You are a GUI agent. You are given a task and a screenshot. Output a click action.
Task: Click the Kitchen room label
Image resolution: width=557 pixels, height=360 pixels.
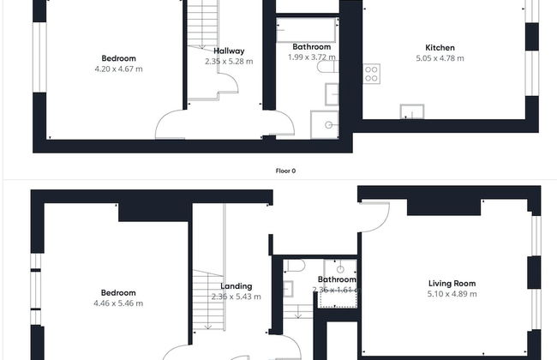coord(440,48)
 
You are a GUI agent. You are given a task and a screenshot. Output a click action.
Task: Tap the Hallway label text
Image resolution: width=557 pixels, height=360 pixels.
coord(229,51)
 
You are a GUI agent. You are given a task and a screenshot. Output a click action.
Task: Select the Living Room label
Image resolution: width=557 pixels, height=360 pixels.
coord(452,284)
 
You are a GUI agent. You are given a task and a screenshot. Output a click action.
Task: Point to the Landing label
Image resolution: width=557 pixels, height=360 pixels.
coord(236,286)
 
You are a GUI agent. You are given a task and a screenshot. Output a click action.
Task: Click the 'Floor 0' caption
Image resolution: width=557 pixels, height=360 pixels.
coord(285,171)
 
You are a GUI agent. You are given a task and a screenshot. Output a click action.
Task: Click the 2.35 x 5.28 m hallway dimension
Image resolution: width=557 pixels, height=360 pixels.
coord(229,62)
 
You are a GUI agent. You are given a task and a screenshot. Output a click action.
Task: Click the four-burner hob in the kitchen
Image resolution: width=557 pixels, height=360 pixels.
coord(372,74)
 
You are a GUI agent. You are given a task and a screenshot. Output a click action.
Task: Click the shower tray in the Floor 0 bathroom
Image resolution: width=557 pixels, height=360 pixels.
coord(325,123)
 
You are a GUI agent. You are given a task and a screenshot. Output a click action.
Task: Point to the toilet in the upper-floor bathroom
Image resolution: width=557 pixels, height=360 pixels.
coord(290,267)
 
